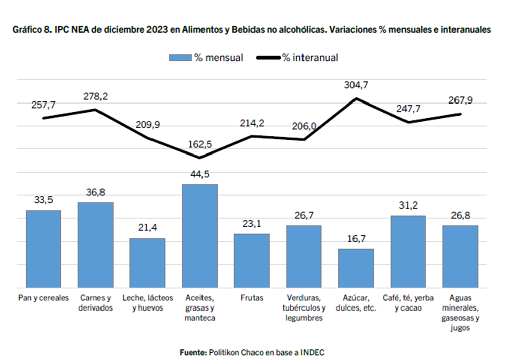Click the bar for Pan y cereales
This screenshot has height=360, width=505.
[x=43, y=248]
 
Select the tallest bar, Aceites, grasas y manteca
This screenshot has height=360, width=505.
[x=199, y=236]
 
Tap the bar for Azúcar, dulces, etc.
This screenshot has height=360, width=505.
[x=356, y=268]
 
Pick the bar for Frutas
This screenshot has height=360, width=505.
[x=251, y=261]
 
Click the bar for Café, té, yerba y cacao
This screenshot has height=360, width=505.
[x=408, y=251]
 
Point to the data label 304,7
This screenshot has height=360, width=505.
[x=358, y=86]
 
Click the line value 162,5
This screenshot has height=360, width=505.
[x=200, y=145]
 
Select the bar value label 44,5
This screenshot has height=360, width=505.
[x=200, y=174]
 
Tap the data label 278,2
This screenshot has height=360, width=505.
[x=96, y=96]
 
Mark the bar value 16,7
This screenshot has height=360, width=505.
[x=357, y=239]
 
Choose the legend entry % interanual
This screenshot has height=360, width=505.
[x=298, y=58]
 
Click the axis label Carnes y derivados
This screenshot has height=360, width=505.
[x=95, y=303]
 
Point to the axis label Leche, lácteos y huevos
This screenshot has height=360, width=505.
[x=147, y=303]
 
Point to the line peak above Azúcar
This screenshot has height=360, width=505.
[x=357, y=98]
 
